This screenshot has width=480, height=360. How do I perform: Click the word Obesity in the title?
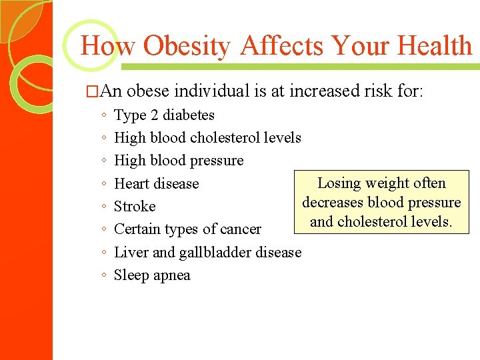tap(187, 46)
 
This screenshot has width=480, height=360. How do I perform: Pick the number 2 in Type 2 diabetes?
tap(155, 115)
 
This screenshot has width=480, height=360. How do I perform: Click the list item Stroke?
tap(135, 207)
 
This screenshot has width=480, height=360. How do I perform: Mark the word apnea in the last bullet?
tap(172, 275)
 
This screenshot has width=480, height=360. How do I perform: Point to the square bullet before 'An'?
tap(95, 91)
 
